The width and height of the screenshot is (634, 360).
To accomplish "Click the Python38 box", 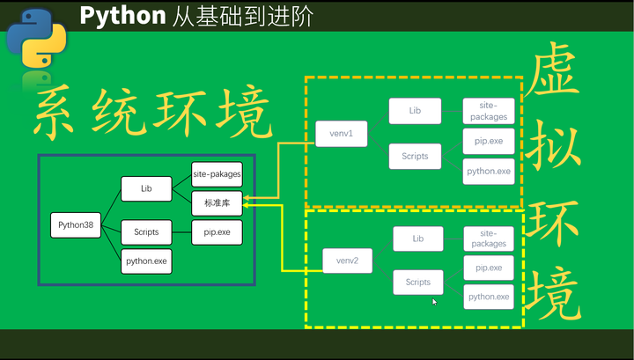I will pos(76,225).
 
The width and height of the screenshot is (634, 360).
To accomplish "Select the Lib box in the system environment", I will pos(146,187).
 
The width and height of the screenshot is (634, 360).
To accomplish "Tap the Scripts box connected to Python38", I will pos(146,232).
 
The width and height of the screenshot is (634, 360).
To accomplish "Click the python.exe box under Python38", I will pos(146,261).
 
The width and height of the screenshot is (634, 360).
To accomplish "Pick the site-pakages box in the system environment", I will pos(217,174).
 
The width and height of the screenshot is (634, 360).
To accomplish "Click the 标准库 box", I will pos(217,203).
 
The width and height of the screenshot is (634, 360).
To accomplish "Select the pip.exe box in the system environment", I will pos(217,232).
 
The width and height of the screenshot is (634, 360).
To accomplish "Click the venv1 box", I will pos(341,134).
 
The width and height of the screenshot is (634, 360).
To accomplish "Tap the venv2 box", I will pos(347,261).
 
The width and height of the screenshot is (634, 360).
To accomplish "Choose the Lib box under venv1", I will pos(415,112).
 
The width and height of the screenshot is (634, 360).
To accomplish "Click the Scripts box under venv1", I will pos(415,157).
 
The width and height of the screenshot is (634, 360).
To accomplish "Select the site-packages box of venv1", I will pos(488,111).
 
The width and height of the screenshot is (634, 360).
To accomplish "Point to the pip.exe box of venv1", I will pos(488,141).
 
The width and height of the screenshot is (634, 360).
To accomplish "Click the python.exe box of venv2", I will pos(489,297).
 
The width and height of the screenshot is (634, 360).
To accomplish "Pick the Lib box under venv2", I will pos(418,239).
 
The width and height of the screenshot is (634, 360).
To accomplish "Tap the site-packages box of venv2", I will pos(489,239).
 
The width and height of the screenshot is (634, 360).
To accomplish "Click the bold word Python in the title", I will pos(122,15).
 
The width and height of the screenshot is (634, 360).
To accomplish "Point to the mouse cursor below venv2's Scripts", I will pos(434,302).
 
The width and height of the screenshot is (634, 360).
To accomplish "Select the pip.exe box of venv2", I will pos(489,268).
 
